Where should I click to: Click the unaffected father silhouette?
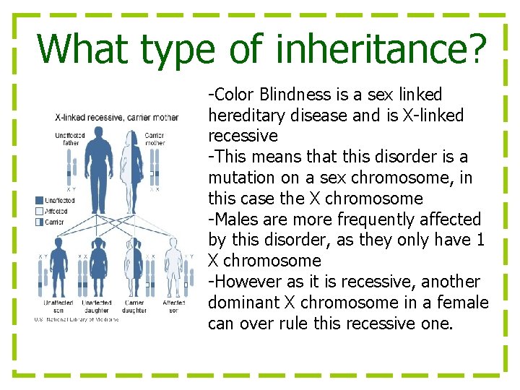pos(98,166)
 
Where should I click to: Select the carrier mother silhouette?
pos(133,166)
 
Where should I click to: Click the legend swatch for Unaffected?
pos(39,200)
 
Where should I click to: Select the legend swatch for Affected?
pos(39,211)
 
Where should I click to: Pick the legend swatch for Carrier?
pos(39,222)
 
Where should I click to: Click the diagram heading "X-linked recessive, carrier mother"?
pos(117,117)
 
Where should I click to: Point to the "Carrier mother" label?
pos(155,139)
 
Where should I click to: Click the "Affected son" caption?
pos(174,306)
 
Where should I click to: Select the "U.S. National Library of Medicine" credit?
pos(76,320)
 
